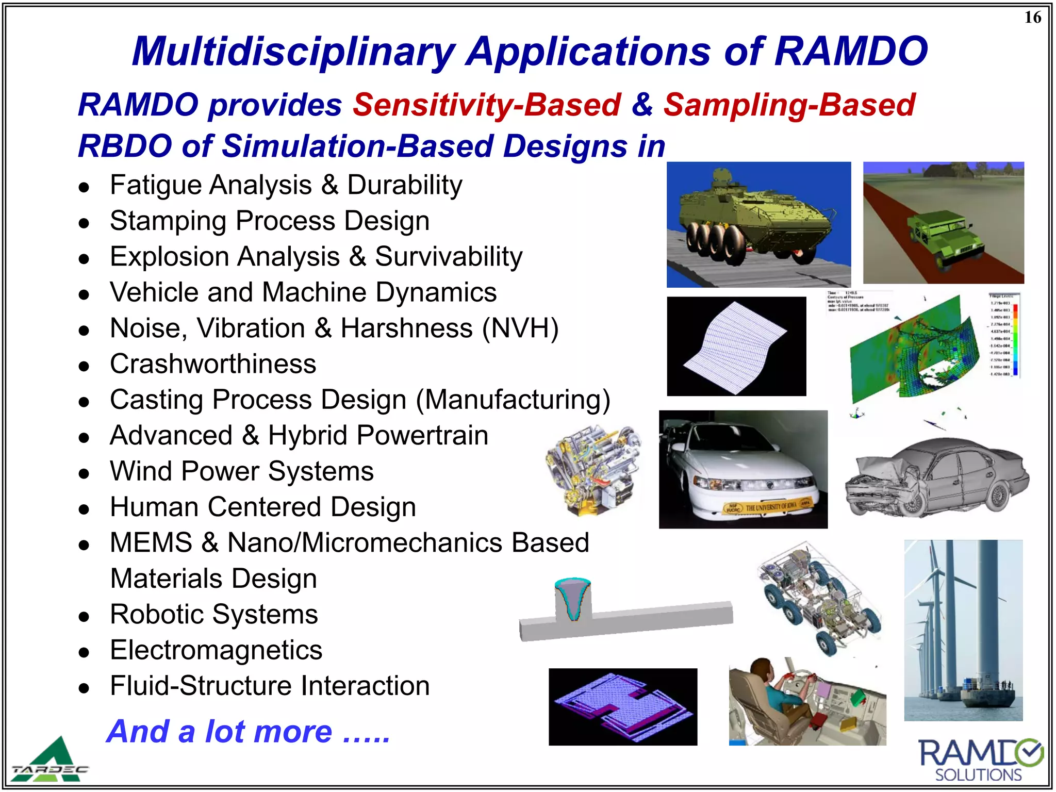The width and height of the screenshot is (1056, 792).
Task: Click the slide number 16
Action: (x=1032, y=18)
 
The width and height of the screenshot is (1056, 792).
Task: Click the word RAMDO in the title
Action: (x=851, y=52)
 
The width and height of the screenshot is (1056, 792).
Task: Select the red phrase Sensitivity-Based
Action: (x=487, y=105)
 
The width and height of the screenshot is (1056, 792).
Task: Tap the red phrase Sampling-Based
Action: (x=789, y=105)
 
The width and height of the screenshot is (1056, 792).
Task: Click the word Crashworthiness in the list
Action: (x=213, y=364)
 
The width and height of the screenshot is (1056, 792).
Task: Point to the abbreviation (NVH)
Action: (x=520, y=328)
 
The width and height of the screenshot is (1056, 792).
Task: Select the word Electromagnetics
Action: (x=216, y=650)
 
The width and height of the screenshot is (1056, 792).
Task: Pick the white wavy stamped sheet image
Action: (x=736, y=345)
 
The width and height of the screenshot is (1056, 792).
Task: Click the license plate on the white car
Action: (x=768, y=507)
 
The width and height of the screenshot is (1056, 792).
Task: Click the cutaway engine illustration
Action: (x=593, y=469)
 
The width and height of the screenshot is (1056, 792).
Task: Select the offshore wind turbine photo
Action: (x=963, y=629)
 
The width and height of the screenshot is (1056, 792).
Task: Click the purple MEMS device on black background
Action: (x=622, y=706)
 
